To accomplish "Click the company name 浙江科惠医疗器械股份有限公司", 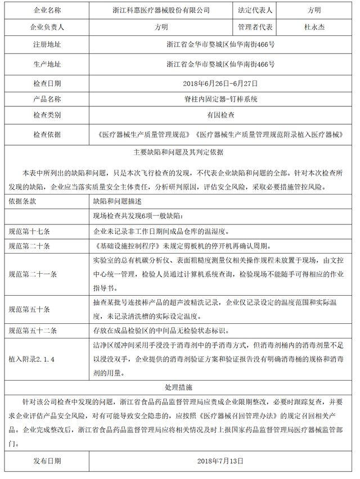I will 161,10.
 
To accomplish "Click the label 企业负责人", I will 47,26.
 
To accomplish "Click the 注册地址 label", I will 47,45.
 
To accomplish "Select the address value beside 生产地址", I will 220,64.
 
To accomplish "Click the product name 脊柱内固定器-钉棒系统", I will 220,99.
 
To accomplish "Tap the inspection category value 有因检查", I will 220,115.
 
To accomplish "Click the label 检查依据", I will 47,135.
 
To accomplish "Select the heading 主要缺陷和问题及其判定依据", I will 178,151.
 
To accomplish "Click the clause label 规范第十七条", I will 30,231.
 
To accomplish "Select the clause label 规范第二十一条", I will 34,274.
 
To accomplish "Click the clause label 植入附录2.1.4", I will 34,358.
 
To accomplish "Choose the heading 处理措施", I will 178,387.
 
